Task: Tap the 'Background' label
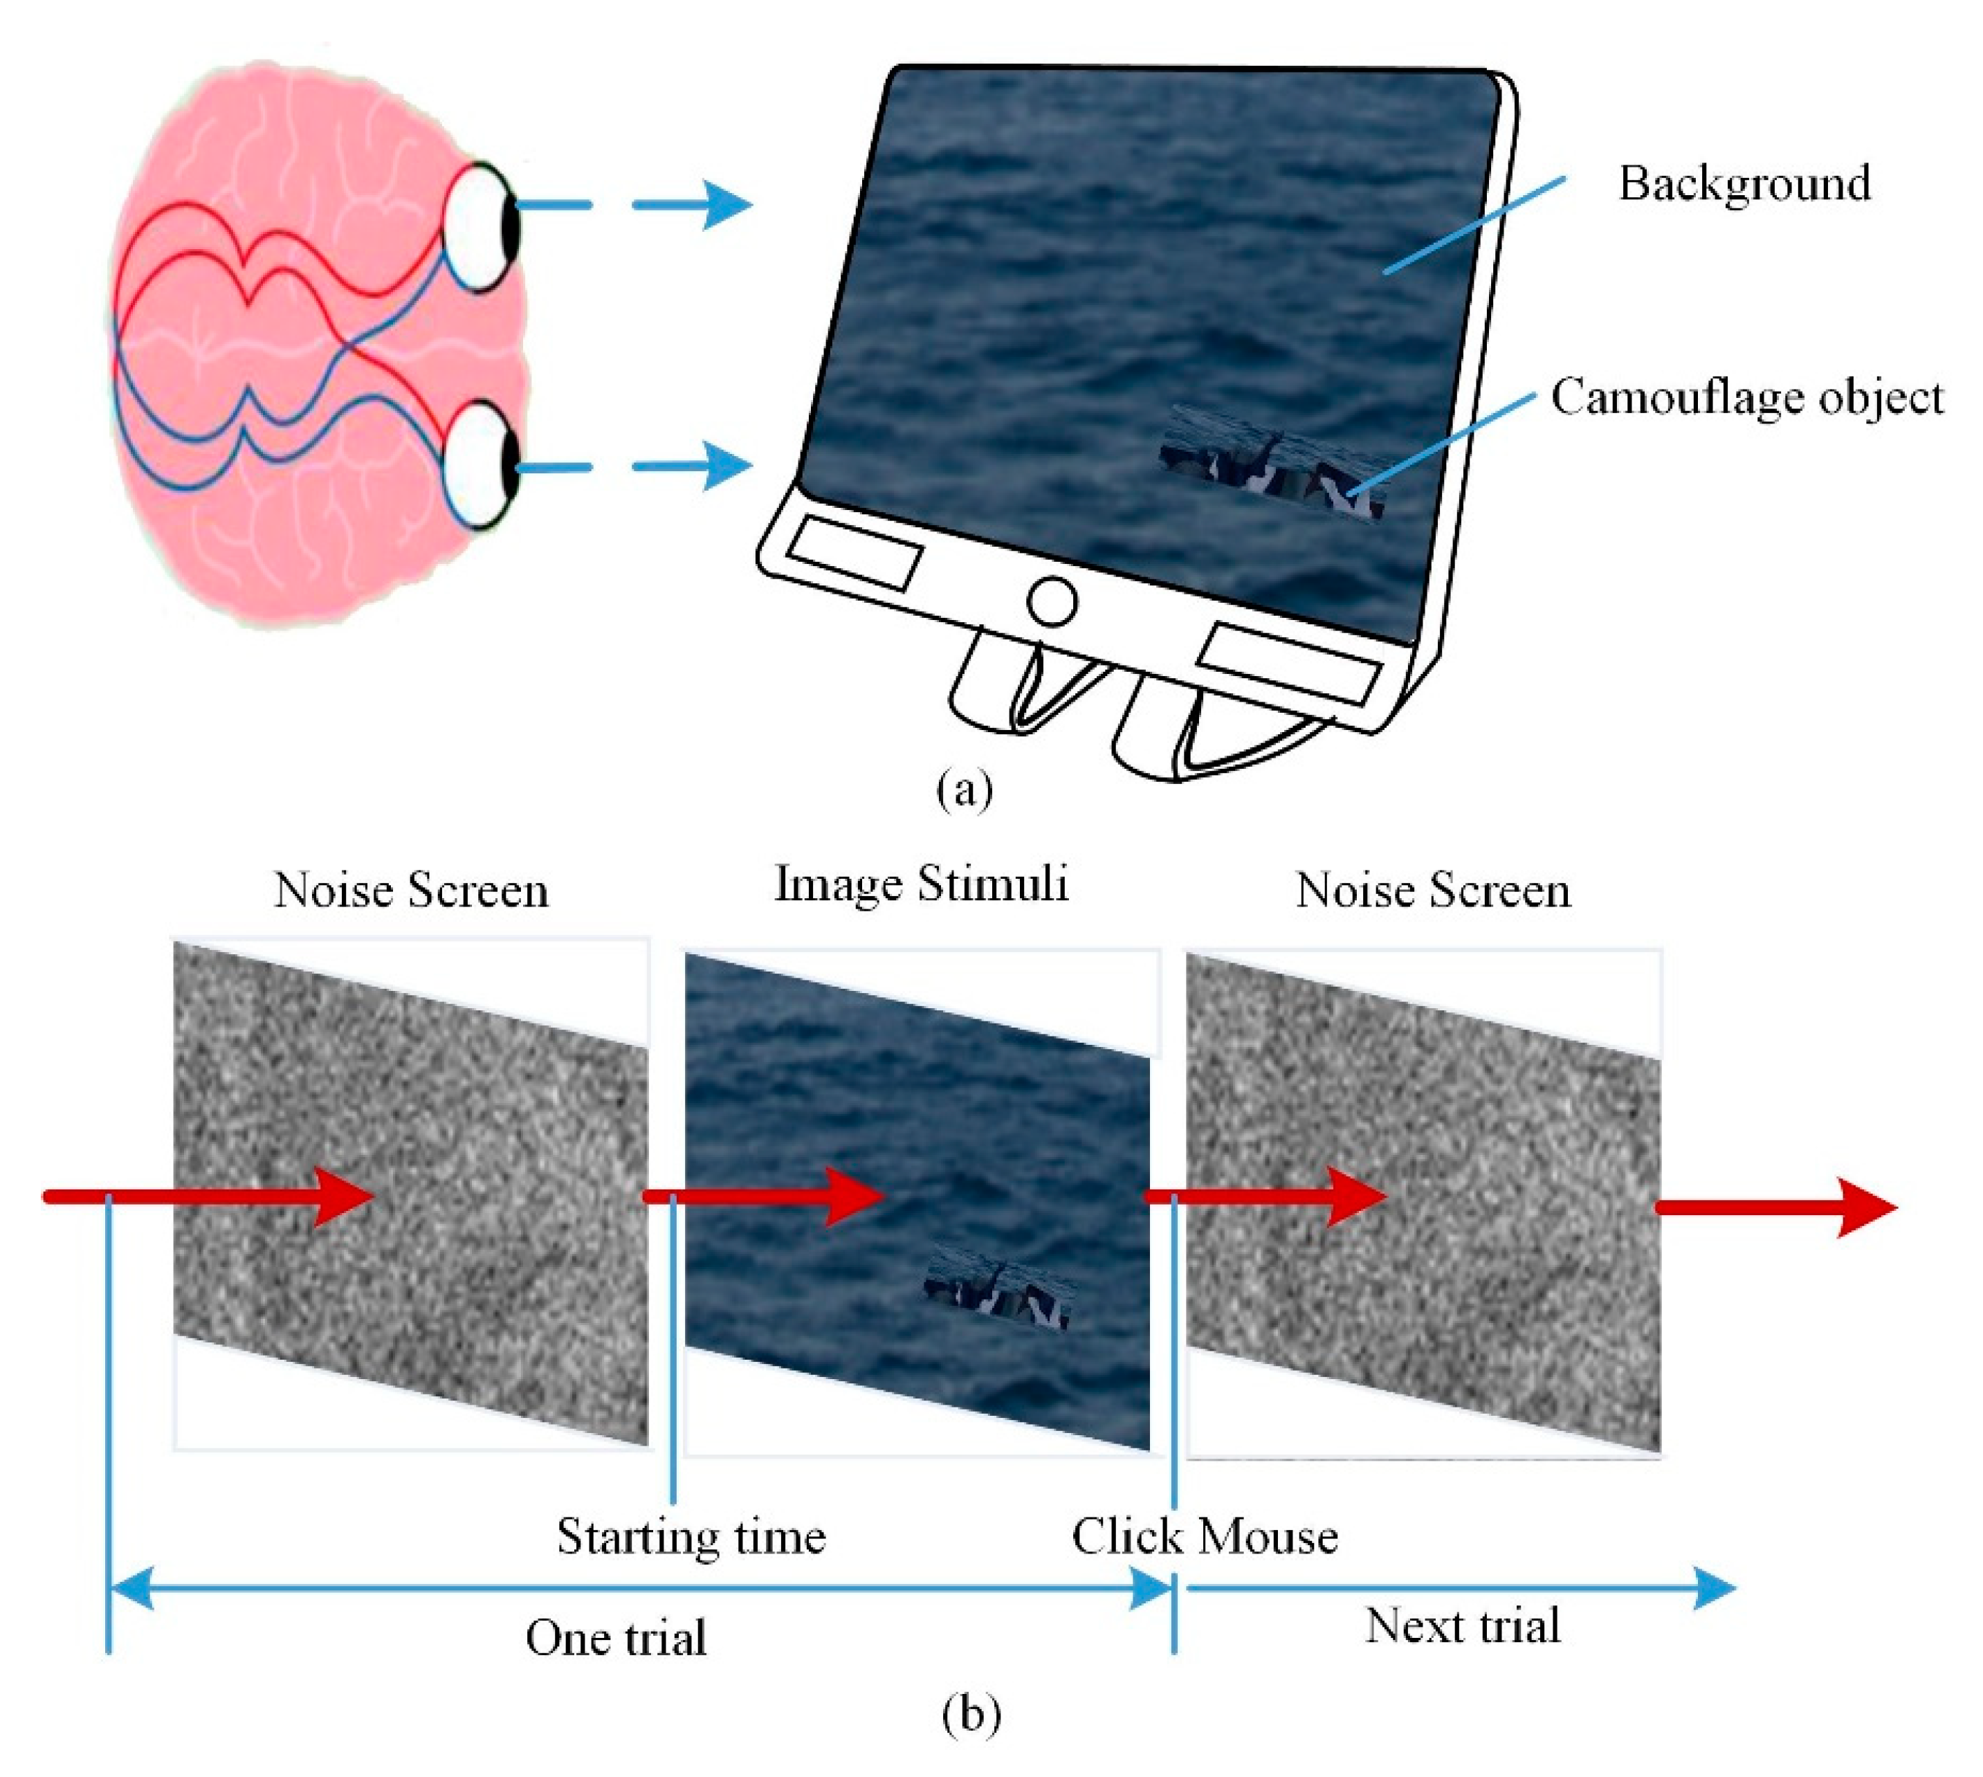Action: [1744, 183]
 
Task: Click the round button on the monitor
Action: [1052, 601]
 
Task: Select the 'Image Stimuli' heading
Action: [921, 884]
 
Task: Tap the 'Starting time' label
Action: [691, 1535]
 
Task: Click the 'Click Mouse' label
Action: [1204, 1535]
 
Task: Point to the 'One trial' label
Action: [615, 1637]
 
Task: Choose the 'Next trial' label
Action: [1461, 1625]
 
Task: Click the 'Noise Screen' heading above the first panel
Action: [411, 889]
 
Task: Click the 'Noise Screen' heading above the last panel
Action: [1432, 889]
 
